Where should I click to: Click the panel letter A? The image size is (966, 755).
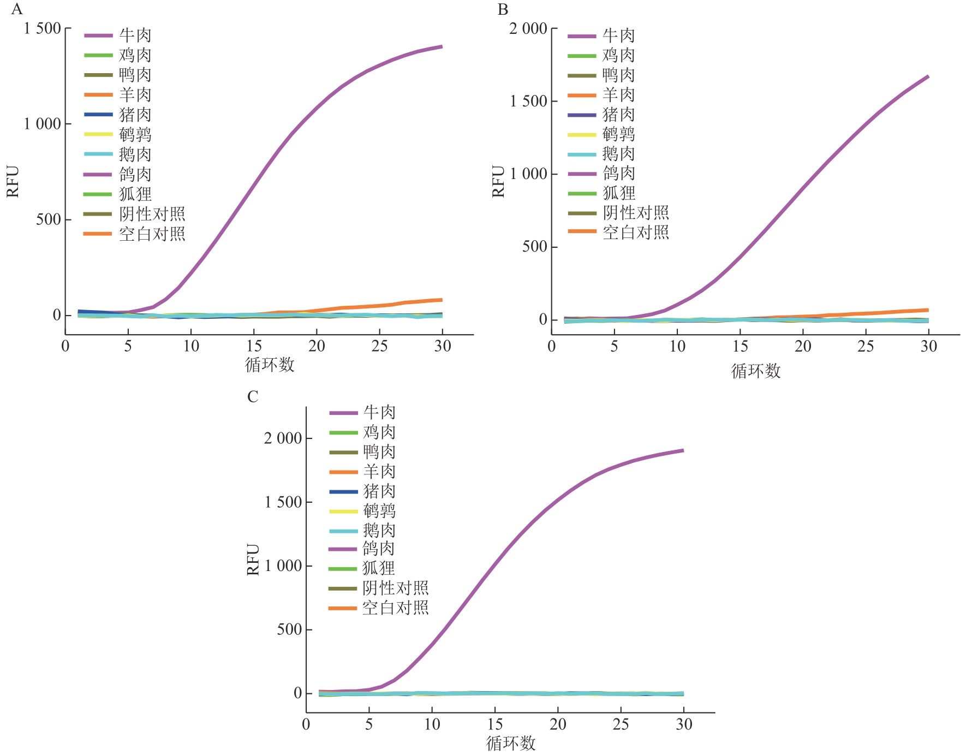(x=17, y=9)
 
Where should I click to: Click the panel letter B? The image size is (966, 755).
(x=503, y=9)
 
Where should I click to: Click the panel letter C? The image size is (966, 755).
(x=252, y=396)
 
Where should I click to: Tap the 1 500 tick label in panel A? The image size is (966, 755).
(x=42, y=28)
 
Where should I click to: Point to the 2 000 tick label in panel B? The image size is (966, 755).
(x=528, y=28)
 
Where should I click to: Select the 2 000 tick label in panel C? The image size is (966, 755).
(x=283, y=438)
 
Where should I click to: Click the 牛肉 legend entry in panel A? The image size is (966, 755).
(x=135, y=35)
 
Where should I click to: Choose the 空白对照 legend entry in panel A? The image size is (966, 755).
(x=152, y=234)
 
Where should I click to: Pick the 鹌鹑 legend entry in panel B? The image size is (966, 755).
(x=618, y=134)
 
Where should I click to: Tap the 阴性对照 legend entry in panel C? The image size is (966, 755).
(x=395, y=588)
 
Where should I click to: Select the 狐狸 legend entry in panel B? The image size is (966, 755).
(x=618, y=193)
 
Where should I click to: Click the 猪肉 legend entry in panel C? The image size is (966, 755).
(x=379, y=491)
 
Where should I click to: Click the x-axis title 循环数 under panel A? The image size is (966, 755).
(x=270, y=365)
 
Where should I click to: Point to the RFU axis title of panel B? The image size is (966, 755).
(x=498, y=181)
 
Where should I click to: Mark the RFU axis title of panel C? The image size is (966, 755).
(x=253, y=559)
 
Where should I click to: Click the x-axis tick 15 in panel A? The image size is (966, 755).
(x=254, y=346)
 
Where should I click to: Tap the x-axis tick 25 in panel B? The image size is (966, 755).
(x=866, y=346)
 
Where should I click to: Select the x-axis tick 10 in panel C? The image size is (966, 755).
(x=432, y=724)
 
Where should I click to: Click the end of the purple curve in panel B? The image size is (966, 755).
(x=928, y=76)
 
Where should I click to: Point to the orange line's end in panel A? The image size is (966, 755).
(x=442, y=300)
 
